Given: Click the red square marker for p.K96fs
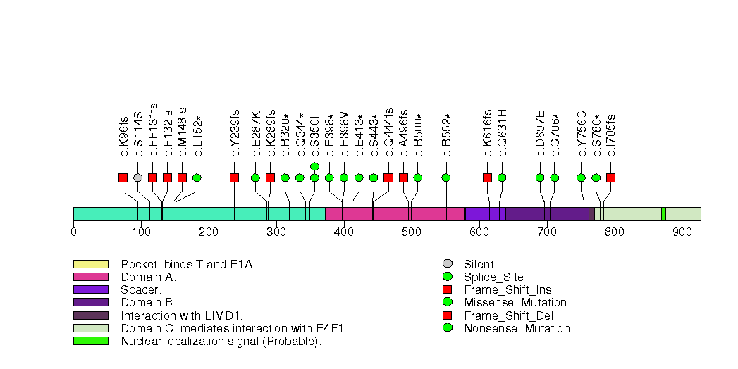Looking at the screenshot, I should (123, 177).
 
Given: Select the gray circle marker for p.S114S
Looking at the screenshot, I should (138, 177).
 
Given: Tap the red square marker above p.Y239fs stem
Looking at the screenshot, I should (234, 177).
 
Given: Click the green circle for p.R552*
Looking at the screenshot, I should (446, 177).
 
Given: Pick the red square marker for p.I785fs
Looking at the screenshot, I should (610, 177).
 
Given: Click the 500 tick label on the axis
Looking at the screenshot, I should (412, 232).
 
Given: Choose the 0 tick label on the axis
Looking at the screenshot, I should (74, 232).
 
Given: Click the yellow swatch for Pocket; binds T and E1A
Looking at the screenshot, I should (91, 264).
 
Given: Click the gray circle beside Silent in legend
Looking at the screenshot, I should (448, 264).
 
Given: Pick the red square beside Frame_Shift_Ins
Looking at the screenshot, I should (448, 289).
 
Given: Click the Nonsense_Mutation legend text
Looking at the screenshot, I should (517, 328).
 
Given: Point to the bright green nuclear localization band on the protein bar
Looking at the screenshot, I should (663, 214).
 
